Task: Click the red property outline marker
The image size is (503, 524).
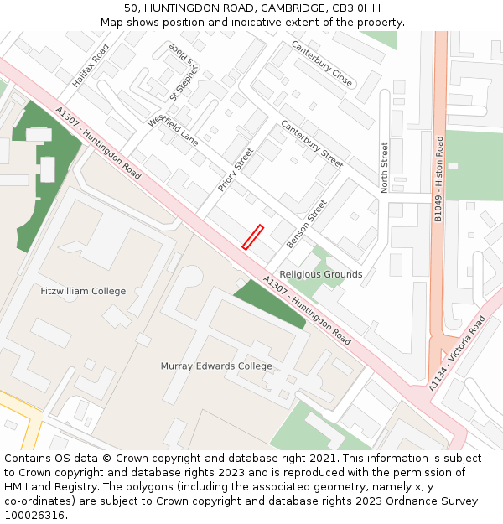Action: point(252,237)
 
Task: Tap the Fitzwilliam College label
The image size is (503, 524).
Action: point(83,292)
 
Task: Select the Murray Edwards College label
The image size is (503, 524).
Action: point(216,366)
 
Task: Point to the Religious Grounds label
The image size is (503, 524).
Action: point(321,274)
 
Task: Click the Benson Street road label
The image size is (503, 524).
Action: point(306,224)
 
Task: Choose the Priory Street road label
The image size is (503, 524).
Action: point(236,170)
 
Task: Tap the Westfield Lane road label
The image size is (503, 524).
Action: point(174,130)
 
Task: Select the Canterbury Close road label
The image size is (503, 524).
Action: point(322,64)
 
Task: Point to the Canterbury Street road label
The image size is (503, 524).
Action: point(312,143)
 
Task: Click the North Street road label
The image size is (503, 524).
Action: point(385,168)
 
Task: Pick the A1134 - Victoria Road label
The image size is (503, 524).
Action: point(457,354)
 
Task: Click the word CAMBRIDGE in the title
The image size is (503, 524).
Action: point(286,8)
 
